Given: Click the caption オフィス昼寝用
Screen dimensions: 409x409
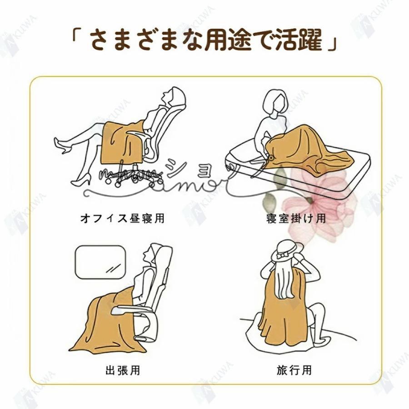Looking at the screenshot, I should click(x=121, y=219).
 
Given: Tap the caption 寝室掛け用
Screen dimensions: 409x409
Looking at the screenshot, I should click(x=296, y=219).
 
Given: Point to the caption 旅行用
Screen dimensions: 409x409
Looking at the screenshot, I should click(x=294, y=370).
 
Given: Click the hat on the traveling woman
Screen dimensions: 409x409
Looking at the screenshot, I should click(x=287, y=251).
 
